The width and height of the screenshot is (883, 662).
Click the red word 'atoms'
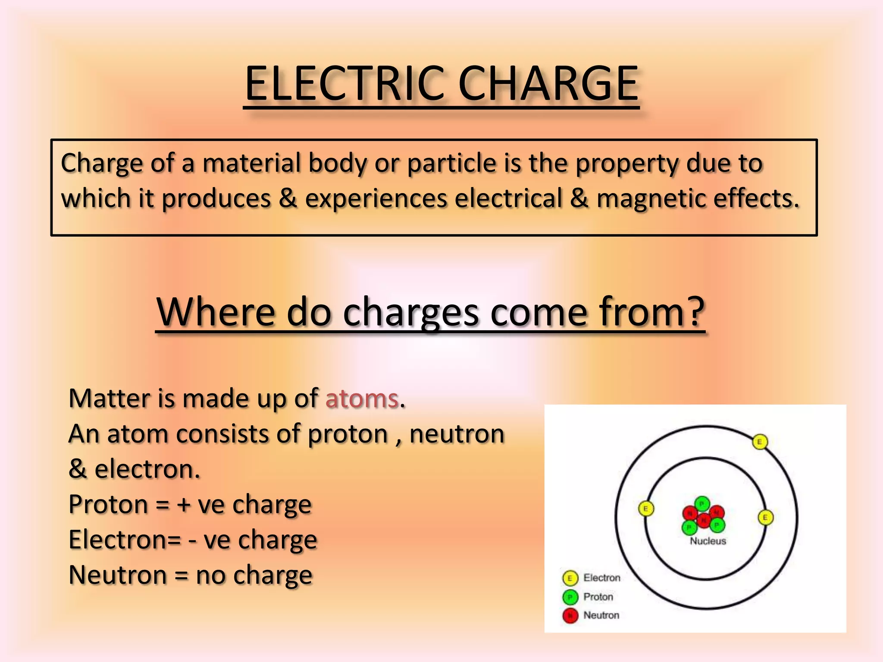point(362,398)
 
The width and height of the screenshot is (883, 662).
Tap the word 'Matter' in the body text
point(109,398)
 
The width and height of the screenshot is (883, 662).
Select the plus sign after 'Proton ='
point(184,505)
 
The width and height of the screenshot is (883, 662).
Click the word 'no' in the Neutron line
point(210,575)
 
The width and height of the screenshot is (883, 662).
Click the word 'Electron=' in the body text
point(125,540)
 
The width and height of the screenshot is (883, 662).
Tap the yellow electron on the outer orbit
point(760,442)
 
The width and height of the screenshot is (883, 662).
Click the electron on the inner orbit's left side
point(645,509)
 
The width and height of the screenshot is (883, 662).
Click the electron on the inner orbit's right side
point(765,518)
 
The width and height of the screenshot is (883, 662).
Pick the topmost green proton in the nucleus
point(702,503)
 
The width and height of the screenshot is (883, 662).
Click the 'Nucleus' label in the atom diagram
point(708,541)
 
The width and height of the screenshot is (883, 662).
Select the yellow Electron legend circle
point(570,578)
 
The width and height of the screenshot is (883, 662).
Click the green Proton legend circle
point(570,597)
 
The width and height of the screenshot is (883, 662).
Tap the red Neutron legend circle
point(570,616)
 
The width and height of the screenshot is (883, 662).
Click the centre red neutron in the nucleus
point(704,520)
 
